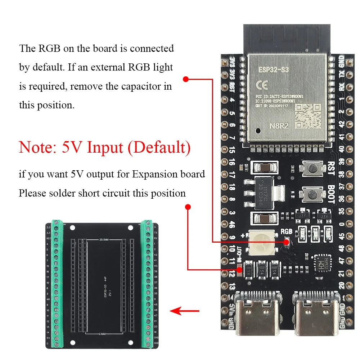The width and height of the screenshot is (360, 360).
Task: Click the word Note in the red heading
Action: pos(37,148)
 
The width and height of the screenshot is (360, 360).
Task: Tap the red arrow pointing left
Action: pos(184,310)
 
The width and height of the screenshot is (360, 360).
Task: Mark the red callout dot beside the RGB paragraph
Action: pos(186,79)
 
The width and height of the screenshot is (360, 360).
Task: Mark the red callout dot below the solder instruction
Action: pos(188,207)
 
